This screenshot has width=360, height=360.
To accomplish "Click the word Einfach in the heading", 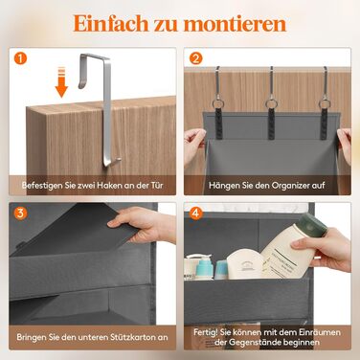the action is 111,24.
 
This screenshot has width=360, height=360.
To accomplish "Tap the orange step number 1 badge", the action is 21,58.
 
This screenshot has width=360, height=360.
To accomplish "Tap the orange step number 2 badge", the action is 196,58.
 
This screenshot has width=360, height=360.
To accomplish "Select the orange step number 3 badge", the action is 21,214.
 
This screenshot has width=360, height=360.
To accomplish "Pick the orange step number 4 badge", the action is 195,214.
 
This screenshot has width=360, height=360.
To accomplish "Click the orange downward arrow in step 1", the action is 61,82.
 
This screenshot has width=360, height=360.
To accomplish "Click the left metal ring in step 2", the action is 218,104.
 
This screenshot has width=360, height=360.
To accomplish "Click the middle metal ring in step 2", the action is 271,103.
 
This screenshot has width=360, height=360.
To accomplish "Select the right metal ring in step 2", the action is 325,103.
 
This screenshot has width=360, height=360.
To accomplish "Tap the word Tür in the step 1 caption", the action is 157,185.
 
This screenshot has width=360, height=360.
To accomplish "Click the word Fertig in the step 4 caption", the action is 205,332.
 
